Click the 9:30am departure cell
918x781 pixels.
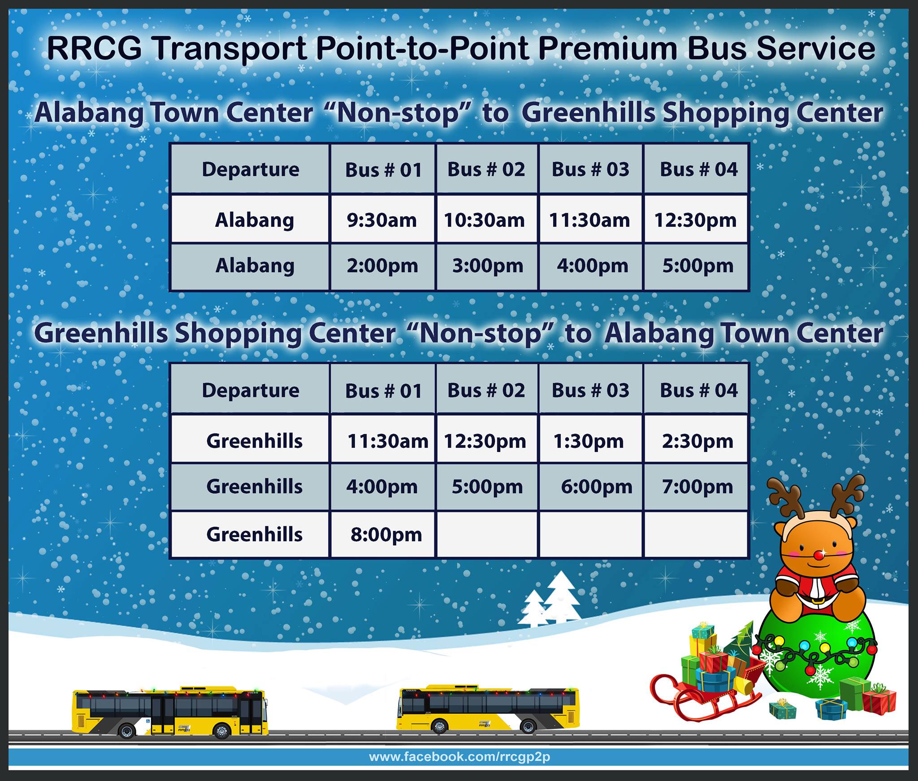pos(382,219)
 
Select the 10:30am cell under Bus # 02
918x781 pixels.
pos(487,219)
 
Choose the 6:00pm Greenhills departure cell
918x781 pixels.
pos(591,487)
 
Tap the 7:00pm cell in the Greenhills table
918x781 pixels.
pos(696,487)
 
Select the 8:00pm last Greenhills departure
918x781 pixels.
pos(382,534)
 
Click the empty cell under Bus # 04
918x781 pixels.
pos(696,534)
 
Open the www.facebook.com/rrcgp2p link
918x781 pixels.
pos(459,757)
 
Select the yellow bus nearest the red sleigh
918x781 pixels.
pos(488,709)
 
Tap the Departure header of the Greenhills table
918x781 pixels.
pos(251,390)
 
